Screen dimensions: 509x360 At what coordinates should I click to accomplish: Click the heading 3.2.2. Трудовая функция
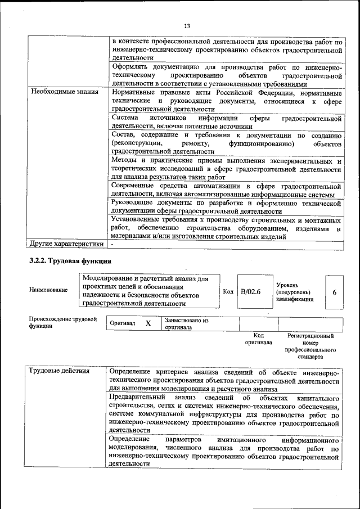70,261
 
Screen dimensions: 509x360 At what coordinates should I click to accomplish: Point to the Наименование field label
48,290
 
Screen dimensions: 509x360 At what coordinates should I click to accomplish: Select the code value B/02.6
251,291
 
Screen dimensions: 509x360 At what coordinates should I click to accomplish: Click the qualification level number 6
334,291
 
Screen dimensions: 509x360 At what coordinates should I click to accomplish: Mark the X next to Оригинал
148,323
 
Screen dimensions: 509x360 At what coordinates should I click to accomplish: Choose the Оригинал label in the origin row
122,324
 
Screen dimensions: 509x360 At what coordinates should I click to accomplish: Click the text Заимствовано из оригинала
186,323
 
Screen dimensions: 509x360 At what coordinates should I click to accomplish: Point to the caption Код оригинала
259,339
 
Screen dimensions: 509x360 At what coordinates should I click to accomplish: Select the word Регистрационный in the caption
310,336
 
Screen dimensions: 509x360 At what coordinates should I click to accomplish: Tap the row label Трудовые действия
58,371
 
